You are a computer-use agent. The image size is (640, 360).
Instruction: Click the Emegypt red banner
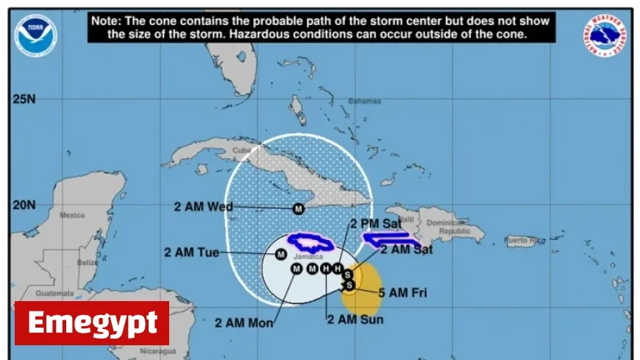coord(92,322)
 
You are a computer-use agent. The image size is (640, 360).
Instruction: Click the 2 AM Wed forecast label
coord(203,207)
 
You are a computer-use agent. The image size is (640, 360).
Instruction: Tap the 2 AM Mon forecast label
coord(244,322)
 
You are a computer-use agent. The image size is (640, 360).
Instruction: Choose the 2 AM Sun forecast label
coord(355,320)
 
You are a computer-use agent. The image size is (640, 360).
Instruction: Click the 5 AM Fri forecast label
coord(402,293)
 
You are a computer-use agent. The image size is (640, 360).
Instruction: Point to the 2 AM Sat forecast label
coord(407,250)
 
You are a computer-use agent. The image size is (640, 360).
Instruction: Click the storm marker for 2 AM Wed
coord(299,208)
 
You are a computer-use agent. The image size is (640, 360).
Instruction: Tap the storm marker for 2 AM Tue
coord(280,255)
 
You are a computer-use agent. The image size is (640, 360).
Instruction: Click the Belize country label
coord(89,262)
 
